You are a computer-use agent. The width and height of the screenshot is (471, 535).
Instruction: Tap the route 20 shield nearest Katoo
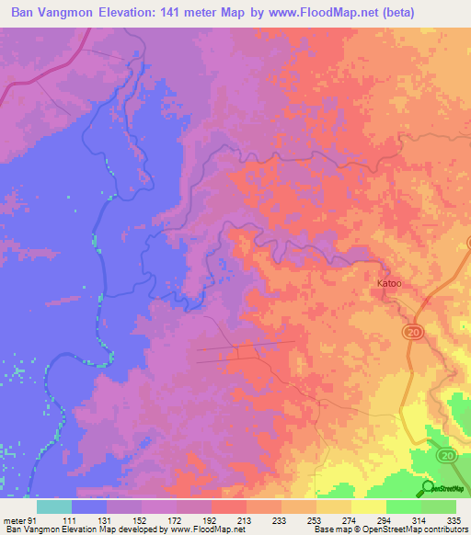(x=412, y=331)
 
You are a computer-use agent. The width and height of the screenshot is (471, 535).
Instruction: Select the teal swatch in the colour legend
(x=54, y=507)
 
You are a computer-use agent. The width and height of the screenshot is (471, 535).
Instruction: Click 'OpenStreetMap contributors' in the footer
(x=416, y=529)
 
